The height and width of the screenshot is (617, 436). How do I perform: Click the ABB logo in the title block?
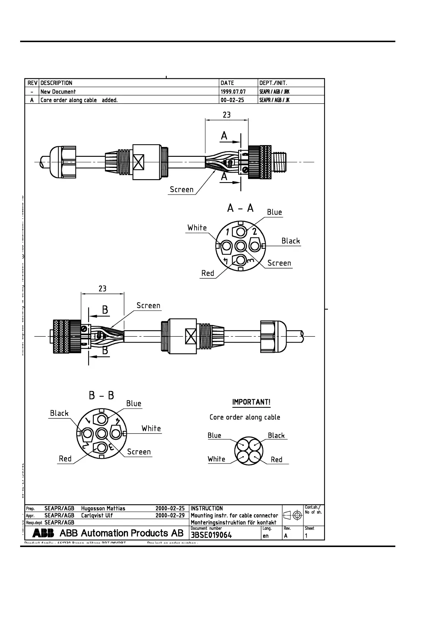43,533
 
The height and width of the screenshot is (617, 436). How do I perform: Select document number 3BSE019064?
211,535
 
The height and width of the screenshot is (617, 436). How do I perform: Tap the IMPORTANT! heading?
251,402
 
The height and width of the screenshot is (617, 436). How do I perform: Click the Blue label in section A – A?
274,212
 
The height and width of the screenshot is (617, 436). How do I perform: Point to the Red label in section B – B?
65,459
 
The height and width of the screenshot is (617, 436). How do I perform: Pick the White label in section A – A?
197,228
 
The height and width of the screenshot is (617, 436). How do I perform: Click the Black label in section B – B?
59,413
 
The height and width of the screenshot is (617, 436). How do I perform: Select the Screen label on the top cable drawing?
182,189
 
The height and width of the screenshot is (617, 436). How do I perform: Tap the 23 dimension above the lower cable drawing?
103,289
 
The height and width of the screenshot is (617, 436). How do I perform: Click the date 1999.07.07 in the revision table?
233,92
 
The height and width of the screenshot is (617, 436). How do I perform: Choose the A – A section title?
240,208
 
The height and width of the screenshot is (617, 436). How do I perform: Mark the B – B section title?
101,396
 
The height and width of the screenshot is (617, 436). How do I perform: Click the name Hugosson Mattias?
103,509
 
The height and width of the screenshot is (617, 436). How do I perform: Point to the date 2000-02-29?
170,516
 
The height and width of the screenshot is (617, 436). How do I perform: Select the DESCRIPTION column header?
56,83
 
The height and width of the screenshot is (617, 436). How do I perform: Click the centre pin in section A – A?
240,245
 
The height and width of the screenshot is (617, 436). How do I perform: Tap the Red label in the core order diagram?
277,459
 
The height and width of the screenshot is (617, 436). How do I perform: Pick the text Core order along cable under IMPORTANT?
245,417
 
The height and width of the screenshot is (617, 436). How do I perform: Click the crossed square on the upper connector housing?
139,162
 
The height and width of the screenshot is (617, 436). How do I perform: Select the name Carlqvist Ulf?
97,516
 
